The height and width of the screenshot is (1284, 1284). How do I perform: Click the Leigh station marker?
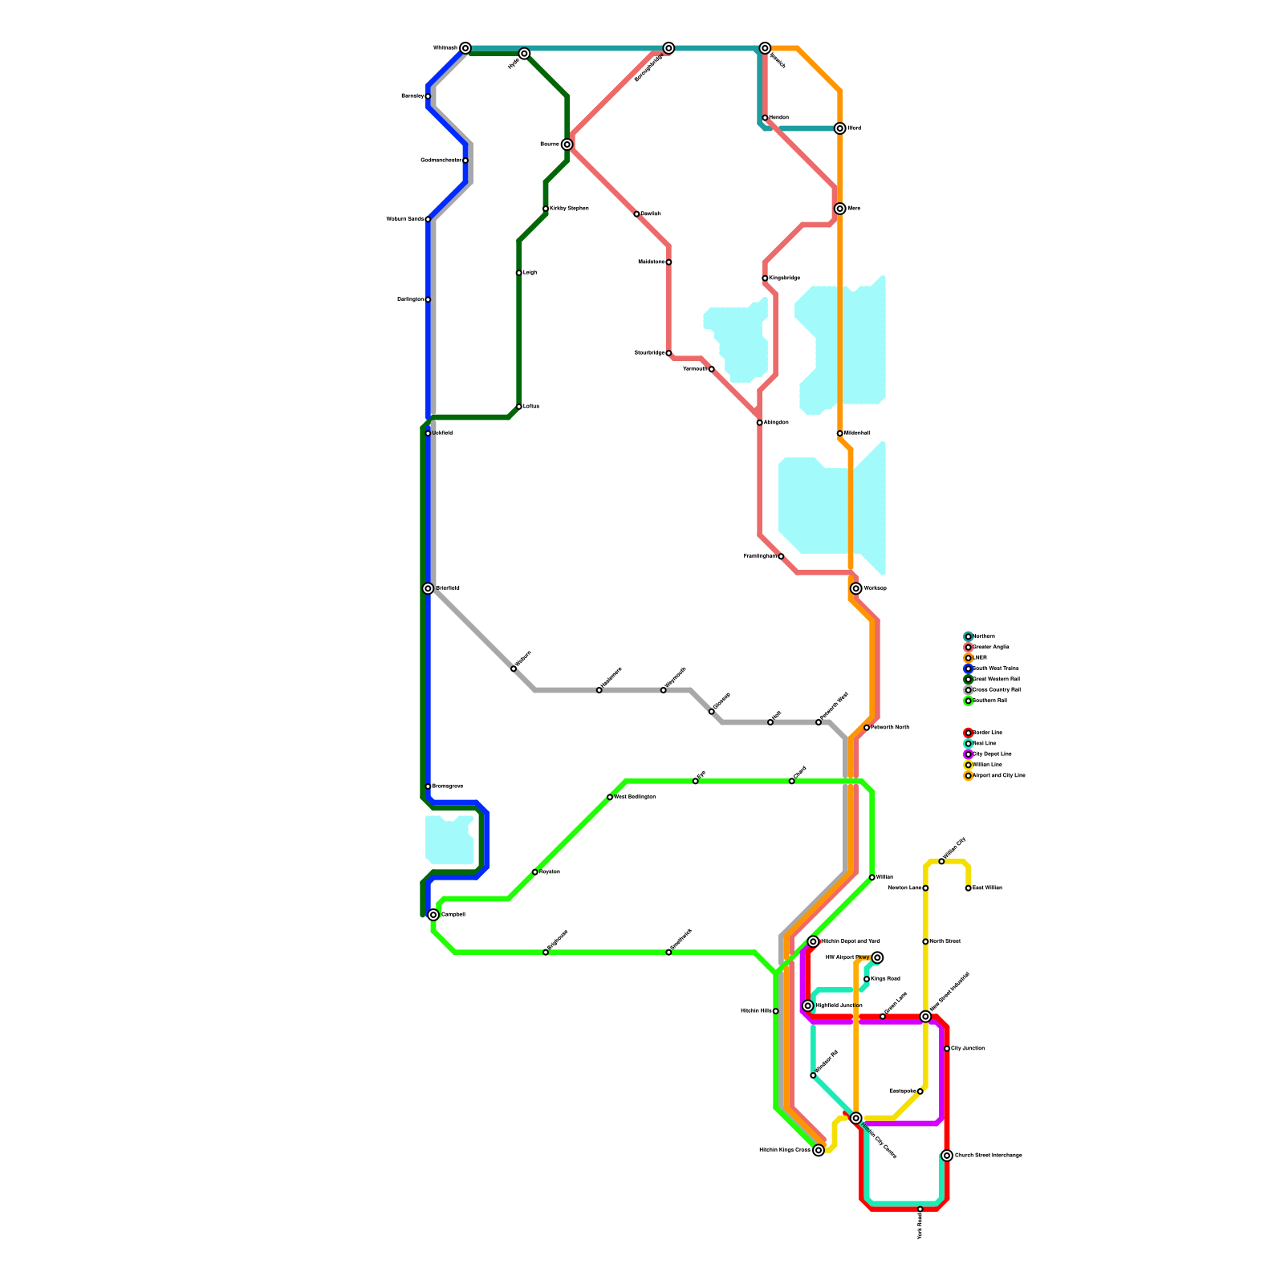pos(519,273)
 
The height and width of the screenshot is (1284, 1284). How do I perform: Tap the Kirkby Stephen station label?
pos(569,209)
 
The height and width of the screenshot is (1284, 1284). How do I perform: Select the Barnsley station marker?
pos(428,96)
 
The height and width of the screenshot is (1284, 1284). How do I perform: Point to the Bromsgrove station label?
pos(447,786)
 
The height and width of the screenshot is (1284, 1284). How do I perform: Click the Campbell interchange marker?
pos(433,915)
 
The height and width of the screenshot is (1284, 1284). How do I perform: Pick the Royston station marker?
pos(535,872)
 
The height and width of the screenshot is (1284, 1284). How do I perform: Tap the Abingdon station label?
pos(776,422)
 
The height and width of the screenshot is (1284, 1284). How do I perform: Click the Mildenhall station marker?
pos(839,433)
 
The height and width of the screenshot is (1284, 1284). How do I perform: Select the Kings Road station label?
pos(885,979)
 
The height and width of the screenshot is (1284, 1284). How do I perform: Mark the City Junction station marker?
pos(947,1049)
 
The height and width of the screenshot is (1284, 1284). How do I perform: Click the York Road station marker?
pos(920,1209)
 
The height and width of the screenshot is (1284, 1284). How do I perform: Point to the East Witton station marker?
pos(969,888)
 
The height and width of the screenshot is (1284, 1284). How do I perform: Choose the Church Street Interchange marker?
pos(947,1156)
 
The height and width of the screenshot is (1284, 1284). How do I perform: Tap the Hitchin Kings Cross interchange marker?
pos(819,1151)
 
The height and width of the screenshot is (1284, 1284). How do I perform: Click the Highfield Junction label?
pos(839,1006)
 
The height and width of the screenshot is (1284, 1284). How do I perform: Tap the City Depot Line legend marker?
pos(969,754)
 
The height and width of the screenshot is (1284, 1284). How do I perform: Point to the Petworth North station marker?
pos(867,728)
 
